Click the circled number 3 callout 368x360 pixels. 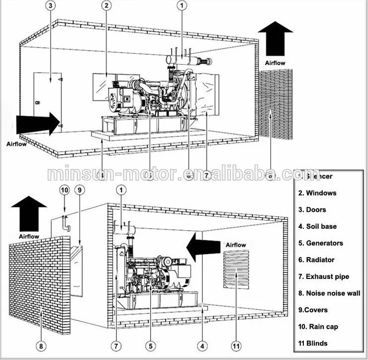[51, 5]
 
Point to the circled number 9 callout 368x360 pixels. [80, 189]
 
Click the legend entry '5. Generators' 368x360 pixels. [321, 243]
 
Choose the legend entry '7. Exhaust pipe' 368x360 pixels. [324, 276]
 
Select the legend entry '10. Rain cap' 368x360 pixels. [319, 327]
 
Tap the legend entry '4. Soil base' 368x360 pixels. [318, 226]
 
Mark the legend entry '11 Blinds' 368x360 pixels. [313, 343]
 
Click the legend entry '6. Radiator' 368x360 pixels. [316, 260]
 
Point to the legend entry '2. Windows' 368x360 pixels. [317, 193]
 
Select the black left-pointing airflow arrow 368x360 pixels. [203, 246]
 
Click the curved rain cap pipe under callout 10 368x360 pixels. [66, 223]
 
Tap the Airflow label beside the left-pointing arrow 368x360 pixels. [236, 245]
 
